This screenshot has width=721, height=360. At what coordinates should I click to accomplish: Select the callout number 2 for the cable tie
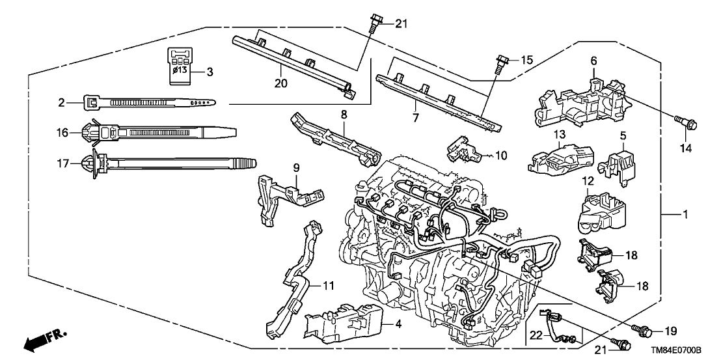(61, 102)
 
